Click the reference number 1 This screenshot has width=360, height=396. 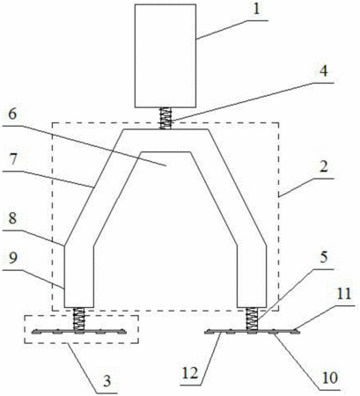[257, 10]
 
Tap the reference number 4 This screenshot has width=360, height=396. [323, 71]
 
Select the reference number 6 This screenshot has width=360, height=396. [12, 114]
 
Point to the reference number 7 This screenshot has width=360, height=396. [13, 161]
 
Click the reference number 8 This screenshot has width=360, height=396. [12, 218]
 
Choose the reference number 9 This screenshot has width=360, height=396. [12, 259]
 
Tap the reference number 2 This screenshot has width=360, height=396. [323, 167]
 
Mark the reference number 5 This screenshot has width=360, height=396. [323, 258]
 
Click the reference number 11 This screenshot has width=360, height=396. [343, 294]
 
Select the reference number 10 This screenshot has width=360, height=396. [329, 378]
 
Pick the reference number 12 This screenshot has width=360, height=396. [190, 373]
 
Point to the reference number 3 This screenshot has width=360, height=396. [107, 381]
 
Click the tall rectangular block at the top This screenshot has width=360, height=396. [165, 55]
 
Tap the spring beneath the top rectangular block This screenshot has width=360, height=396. [165, 118]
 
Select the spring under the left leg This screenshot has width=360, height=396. [79, 319]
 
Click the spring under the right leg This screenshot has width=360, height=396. [252, 319]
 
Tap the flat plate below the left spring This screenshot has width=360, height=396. [79, 332]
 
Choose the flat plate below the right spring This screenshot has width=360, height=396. [252, 332]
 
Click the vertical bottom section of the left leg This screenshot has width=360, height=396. [79, 276]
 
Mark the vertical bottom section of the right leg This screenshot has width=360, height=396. [252, 276]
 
